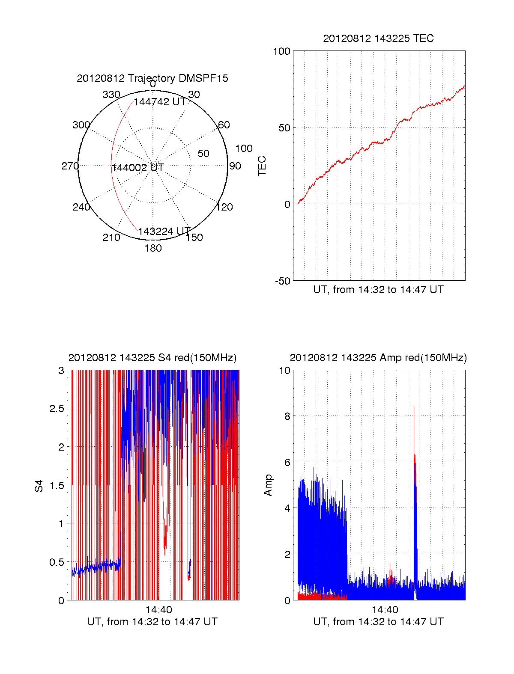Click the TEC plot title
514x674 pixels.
(x=378, y=39)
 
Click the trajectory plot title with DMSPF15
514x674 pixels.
(x=152, y=78)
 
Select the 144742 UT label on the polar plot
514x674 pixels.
(x=160, y=102)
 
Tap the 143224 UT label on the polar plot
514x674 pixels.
(x=164, y=231)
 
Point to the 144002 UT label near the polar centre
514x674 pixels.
(x=138, y=168)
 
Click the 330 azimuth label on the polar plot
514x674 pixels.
(x=111, y=95)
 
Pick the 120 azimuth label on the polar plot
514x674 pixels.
(x=224, y=207)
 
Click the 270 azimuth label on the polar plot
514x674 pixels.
(x=70, y=166)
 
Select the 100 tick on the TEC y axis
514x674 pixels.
(x=281, y=51)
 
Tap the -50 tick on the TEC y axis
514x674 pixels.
(x=283, y=281)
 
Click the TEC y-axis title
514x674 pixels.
(x=262, y=166)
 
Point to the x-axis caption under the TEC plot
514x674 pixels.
(x=378, y=290)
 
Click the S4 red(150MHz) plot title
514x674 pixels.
(x=152, y=358)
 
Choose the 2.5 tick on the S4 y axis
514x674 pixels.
(x=57, y=409)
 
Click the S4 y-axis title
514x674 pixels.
(x=39, y=486)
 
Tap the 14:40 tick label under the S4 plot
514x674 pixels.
(x=158, y=610)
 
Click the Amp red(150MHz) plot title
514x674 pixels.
(x=378, y=358)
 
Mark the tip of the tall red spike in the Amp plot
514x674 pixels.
(x=414, y=406)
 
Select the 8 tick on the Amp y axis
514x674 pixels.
(x=287, y=416)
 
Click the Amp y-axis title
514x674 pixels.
(x=268, y=485)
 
